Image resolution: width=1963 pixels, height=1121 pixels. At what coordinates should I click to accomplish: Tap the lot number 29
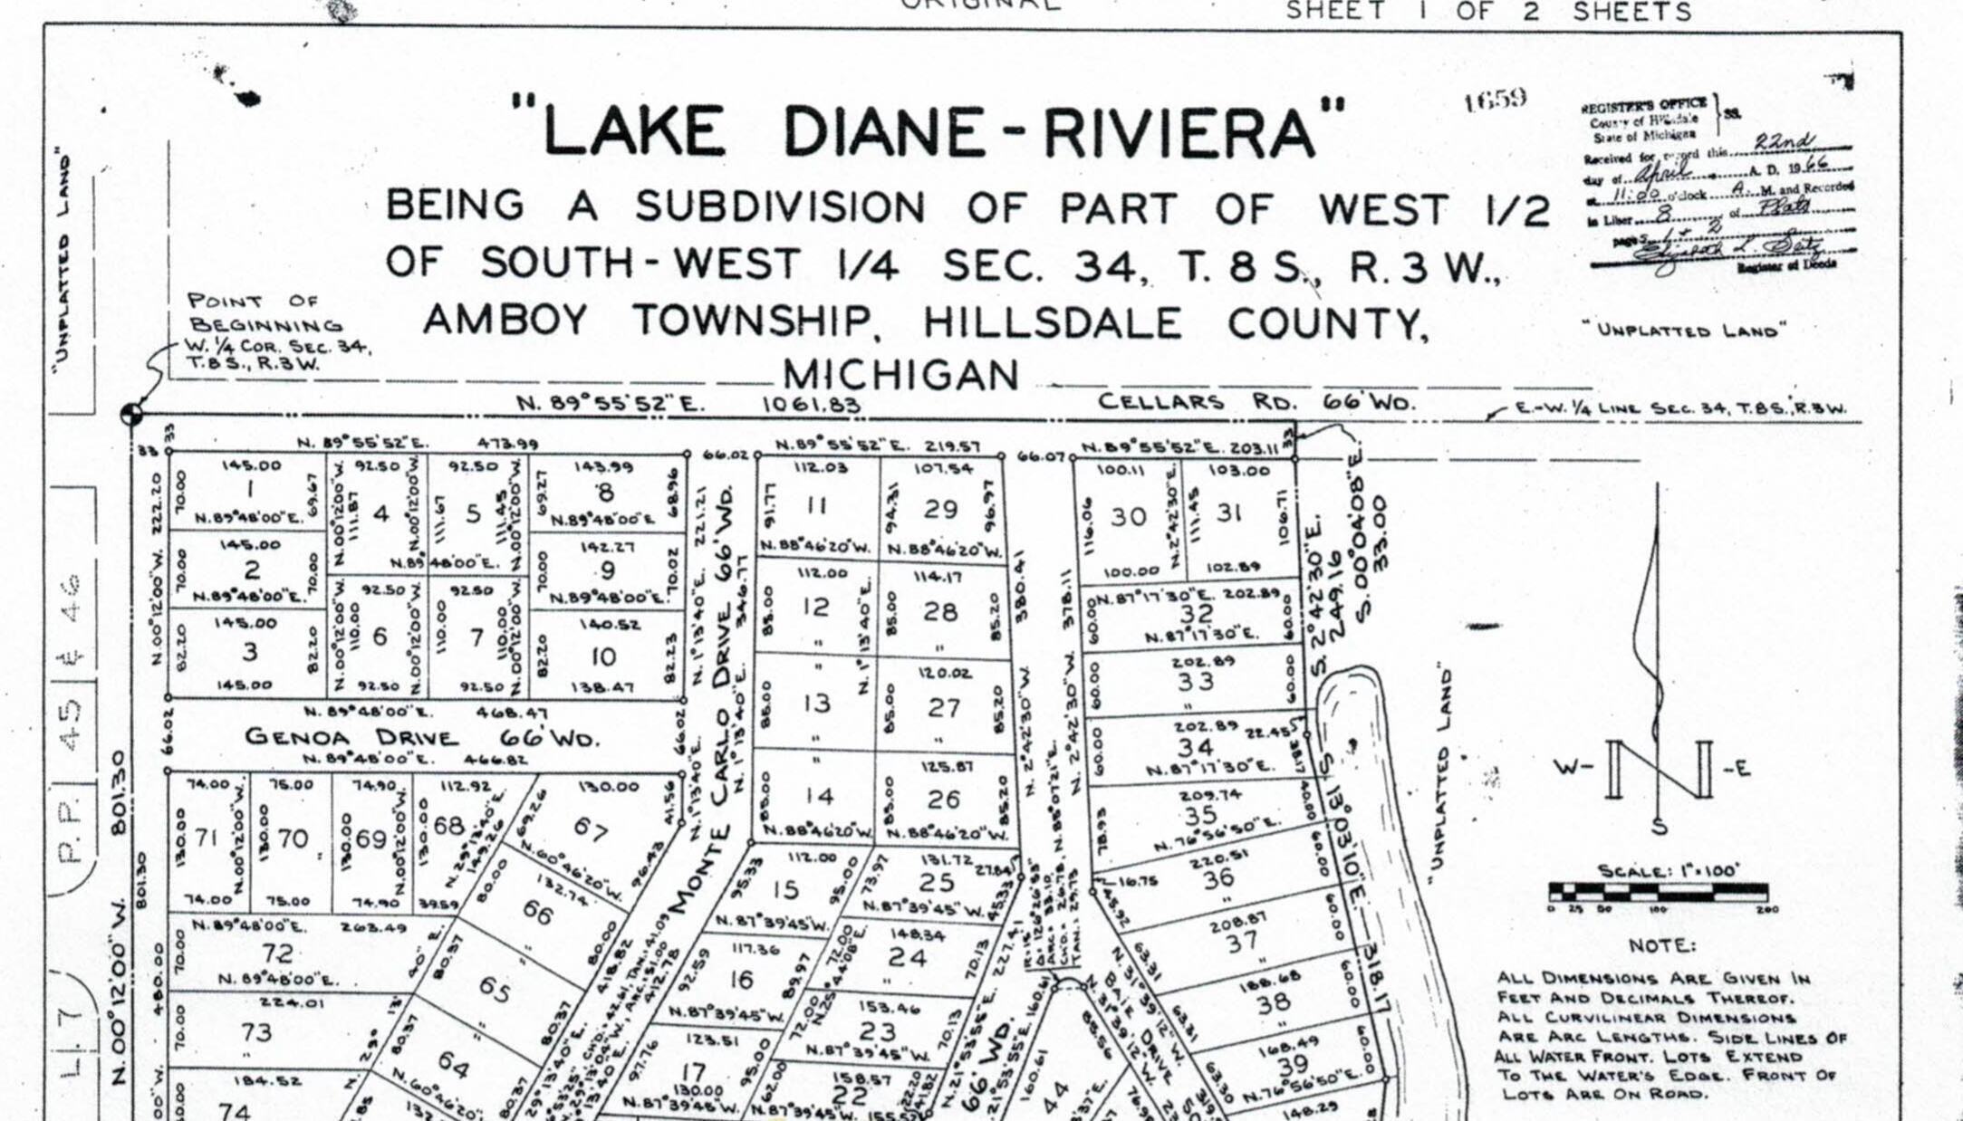click(x=940, y=509)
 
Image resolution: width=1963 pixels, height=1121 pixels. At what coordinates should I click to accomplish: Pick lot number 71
click(x=207, y=838)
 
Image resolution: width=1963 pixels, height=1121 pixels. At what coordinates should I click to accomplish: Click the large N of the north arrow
click(x=1660, y=770)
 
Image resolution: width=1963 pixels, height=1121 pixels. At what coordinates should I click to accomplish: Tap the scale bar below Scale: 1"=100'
click(x=1658, y=891)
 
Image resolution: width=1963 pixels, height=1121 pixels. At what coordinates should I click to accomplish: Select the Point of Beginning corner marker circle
click(x=131, y=415)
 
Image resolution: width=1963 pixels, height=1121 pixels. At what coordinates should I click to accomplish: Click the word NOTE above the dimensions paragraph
click(x=1662, y=945)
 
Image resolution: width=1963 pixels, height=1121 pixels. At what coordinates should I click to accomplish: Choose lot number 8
click(x=606, y=492)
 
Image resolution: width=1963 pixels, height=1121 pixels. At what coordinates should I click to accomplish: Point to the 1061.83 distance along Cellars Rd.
click(x=811, y=404)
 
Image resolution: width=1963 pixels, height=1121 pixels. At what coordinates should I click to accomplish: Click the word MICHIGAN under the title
click(x=900, y=375)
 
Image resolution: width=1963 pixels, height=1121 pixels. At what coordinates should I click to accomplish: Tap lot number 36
click(x=1217, y=877)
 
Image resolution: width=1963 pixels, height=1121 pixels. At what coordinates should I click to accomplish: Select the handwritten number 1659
click(x=1495, y=99)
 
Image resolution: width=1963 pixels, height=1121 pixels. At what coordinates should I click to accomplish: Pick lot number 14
click(x=819, y=796)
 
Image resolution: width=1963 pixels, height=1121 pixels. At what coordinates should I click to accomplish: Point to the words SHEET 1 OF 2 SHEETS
click(x=1488, y=12)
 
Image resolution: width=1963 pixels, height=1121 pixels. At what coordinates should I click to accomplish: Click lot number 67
click(x=590, y=829)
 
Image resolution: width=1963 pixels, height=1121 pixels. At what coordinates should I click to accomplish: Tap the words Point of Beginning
click(x=263, y=312)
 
